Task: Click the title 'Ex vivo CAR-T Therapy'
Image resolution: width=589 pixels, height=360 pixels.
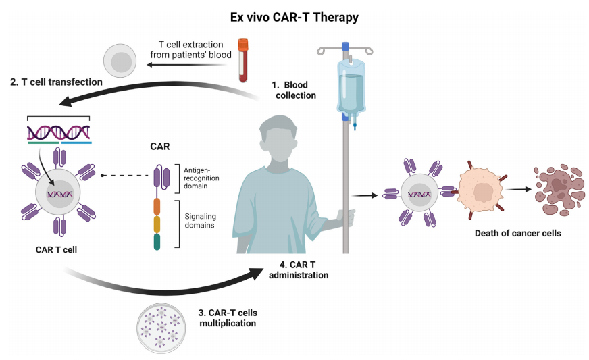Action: (294, 18)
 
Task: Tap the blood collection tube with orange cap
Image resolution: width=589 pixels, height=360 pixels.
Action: (243, 60)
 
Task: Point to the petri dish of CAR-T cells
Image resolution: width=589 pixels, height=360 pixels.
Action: (161, 328)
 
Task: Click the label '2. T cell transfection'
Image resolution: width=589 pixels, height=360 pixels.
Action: (56, 82)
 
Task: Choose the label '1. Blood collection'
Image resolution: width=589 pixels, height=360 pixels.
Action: (294, 91)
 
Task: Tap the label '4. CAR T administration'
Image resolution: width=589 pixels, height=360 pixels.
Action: (299, 269)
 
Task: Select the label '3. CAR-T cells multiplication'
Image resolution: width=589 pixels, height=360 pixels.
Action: (228, 318)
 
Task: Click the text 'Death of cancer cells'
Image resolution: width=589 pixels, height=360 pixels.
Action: (517, 234)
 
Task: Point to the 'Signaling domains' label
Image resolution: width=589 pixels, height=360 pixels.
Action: (200, 221)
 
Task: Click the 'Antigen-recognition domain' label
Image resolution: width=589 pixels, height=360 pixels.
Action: (201, 178)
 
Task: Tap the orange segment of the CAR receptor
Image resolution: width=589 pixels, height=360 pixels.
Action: (157, 207)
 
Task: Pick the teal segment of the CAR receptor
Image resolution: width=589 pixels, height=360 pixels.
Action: (157, 242)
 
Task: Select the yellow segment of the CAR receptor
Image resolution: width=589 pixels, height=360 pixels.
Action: (157, 224)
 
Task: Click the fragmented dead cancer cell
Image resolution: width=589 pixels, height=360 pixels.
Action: (559, 190)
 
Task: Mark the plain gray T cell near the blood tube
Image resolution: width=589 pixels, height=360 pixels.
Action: (120, 61)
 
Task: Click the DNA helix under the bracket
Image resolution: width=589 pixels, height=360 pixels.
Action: (59, 132)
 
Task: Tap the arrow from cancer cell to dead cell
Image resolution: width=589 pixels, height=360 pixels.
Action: (518, 189)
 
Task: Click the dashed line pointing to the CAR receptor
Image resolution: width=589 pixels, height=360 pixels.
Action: (125, 176)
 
